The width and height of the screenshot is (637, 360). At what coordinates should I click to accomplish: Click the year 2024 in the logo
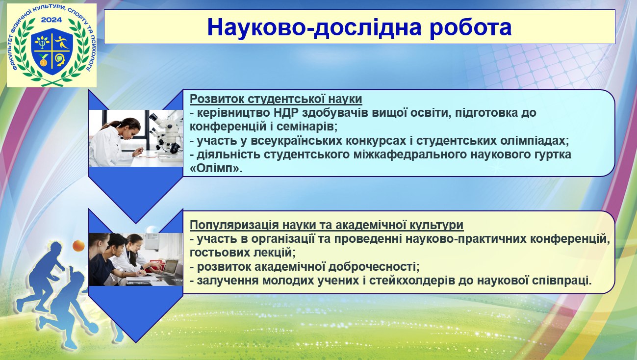(51, 20)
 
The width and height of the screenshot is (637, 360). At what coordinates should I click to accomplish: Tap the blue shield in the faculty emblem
(52, 51)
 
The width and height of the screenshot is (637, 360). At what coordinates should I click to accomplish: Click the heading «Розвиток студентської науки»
(276, 99)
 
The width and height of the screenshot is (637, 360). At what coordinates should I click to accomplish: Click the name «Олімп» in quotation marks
(216, 169)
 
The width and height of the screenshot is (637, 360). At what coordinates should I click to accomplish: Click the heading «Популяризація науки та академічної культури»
(327, 225)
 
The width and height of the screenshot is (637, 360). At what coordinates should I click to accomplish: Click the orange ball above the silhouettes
(78, 245)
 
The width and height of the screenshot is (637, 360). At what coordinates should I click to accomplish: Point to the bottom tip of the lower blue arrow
(136, 342)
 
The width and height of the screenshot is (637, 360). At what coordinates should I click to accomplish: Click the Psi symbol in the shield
(43, 43)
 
